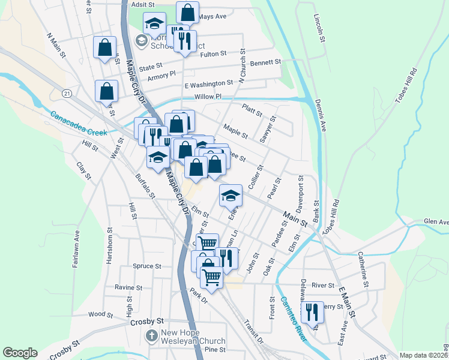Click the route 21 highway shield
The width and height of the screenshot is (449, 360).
click(67, 93)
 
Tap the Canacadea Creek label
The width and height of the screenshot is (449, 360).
click(78, 124)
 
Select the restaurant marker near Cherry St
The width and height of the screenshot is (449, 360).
click(312, 312)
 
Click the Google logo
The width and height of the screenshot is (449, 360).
click(20, 353)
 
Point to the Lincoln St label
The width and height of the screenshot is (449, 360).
click(319, 28)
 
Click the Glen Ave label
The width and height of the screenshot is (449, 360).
click(436, 221)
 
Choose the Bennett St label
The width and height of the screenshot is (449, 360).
click(266, 62)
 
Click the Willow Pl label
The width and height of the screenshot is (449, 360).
click(208, 97)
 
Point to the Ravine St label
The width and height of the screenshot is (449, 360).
click(129, 287)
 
